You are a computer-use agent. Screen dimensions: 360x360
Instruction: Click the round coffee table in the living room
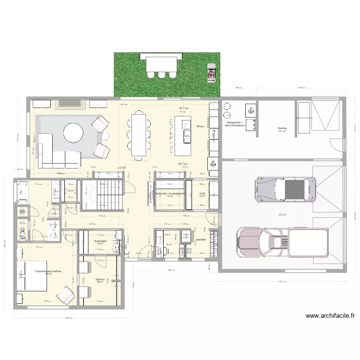tap(73, 133)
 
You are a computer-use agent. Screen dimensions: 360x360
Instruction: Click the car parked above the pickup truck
tap(286, 189)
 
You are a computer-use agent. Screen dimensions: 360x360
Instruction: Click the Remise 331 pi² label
tap(282, 129)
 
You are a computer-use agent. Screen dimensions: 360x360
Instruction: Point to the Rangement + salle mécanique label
tap(235, 124)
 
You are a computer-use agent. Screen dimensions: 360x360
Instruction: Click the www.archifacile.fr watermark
tap(331, 316)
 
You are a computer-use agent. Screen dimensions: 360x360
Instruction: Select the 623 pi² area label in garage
tap(281, 215)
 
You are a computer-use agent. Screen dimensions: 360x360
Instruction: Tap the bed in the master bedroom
tap(31, 276)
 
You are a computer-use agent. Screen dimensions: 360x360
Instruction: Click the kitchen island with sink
tap(183, 136)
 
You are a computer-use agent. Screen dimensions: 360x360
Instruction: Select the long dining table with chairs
tap(139, 134)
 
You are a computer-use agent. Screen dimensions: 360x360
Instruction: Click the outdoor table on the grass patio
tap(161, 63)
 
